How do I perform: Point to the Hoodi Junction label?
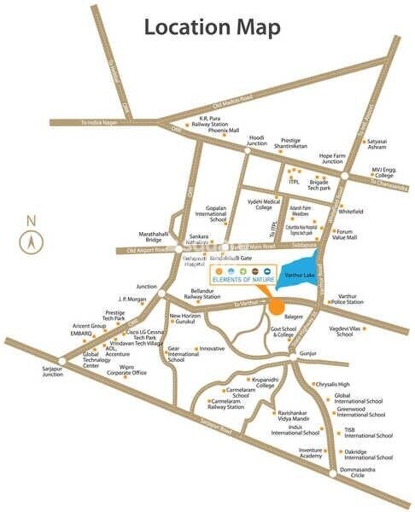pos(257,141)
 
